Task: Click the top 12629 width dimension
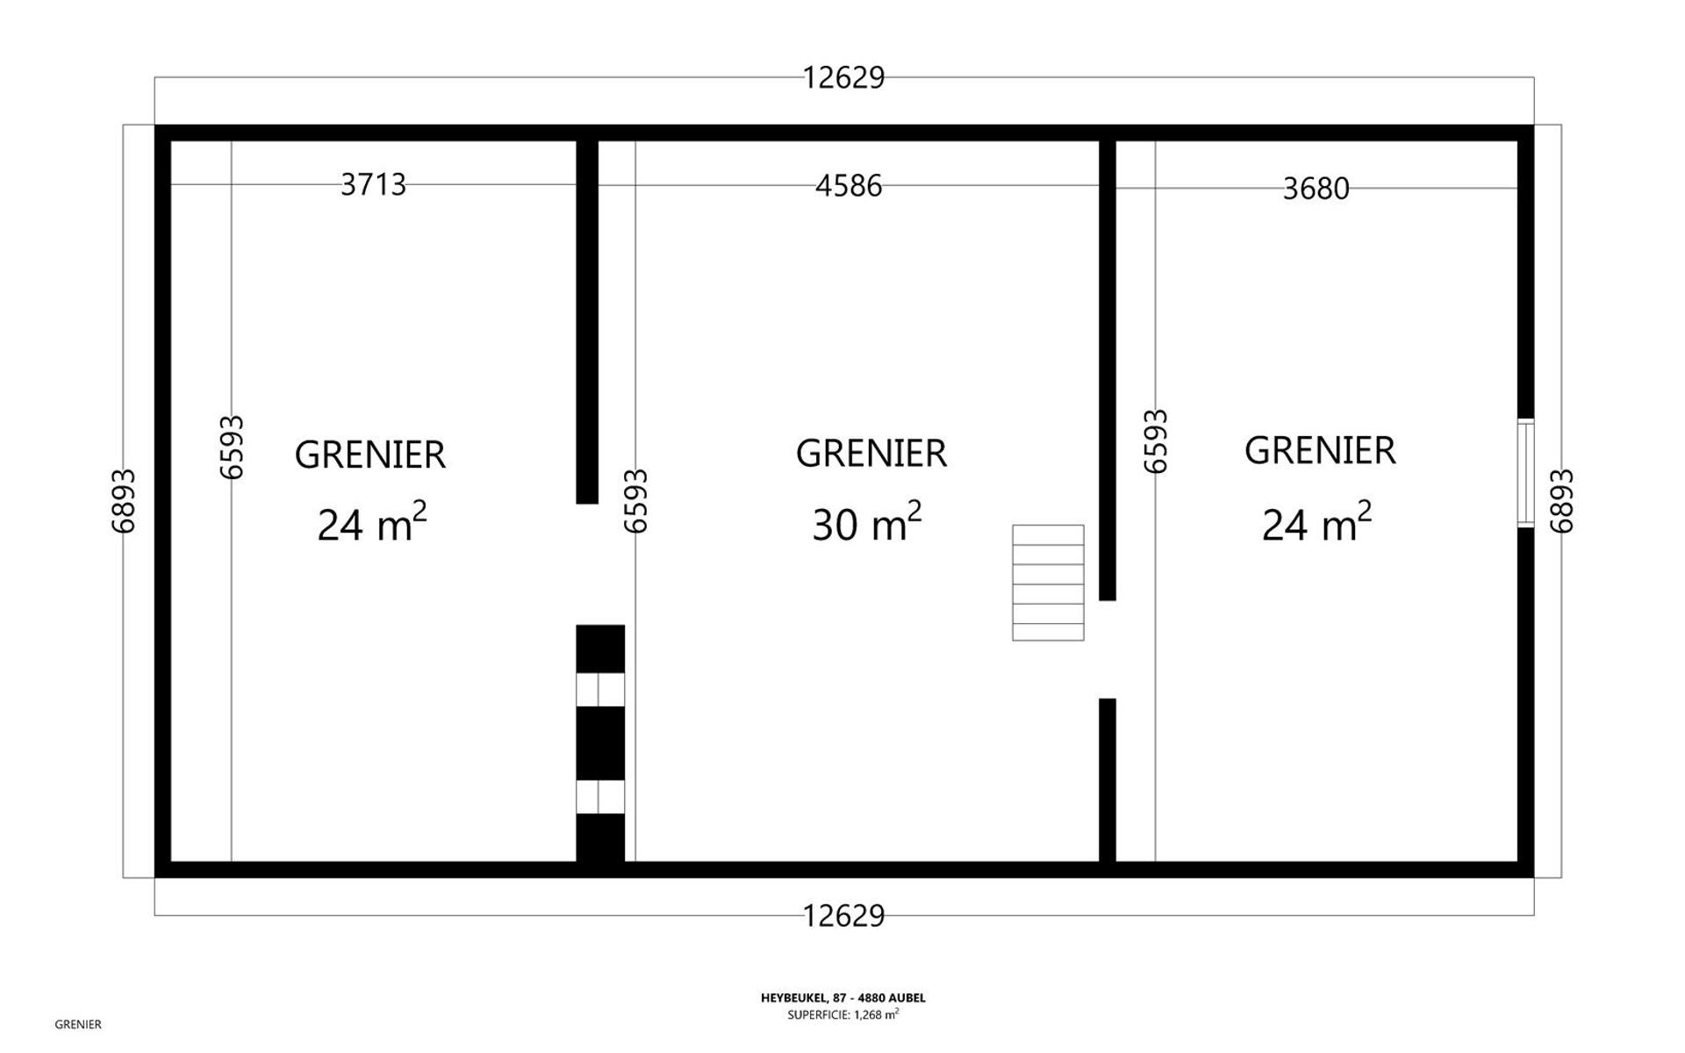tap(843, 78)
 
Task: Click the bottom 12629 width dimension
tap(843, 916)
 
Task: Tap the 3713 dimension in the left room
tap(373, 184)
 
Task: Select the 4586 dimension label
tap(848, 186)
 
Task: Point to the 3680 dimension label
tap(1316, 189)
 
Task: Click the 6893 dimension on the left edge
tap(124, 501)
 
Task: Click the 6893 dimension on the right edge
tap(1561, 501)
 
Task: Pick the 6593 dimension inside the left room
tap(232, 448)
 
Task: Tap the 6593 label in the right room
tap(1156, 441)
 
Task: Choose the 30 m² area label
tap(866, 522)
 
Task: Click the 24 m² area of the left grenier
tap(372, 522)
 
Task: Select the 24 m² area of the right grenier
tap(1316, 522)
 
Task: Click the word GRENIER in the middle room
tap(871, 454)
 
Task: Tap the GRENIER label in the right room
tap(1320, 450)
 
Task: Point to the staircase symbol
tap(1048, 583)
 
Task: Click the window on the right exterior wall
tap(1526, 474)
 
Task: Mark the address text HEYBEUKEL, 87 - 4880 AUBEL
tap(843, 998)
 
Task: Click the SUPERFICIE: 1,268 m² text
tap(843, 1014)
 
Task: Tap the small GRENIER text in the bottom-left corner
tap(78, 1024)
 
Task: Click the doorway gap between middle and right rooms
tap(1108, 649)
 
